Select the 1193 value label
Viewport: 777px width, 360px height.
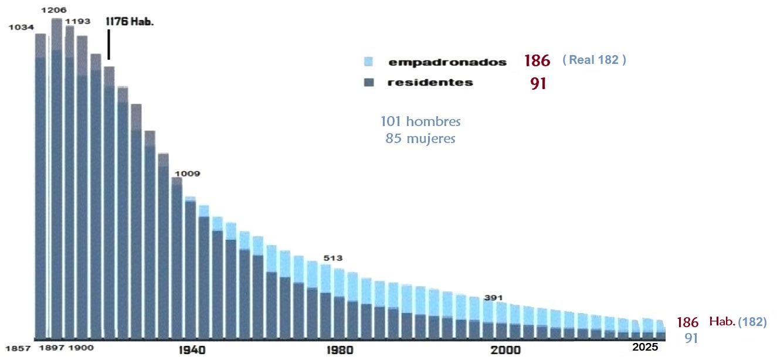pyautogui.click(x=78, y=22)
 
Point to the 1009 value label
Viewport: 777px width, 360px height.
pyautogui.click(x=187, y=174)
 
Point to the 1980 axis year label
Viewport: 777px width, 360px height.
pyautogui.click(x=341, y=350)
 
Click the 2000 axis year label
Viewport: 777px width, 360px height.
pyautogui.click(x=506, y=350)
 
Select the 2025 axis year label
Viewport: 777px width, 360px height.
pyautogui.click(x=645, y=348)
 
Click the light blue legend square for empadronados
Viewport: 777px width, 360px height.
pyautogui.click(x=368, y=62)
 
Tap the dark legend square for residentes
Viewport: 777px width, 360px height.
pyautogui.click(x=368, y=83)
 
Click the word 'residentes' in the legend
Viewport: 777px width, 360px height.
pyautogui.click(x=430, y=83)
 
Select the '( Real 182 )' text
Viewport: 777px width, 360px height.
pyautogui.click(x=594, y=60)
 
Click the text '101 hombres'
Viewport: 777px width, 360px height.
pyautogui.click(x=420, y=122)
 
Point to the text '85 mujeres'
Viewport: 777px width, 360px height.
pyautogui.click(x=420, y=139)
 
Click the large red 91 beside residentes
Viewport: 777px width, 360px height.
pyautogui.click(x=537, y=84)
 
